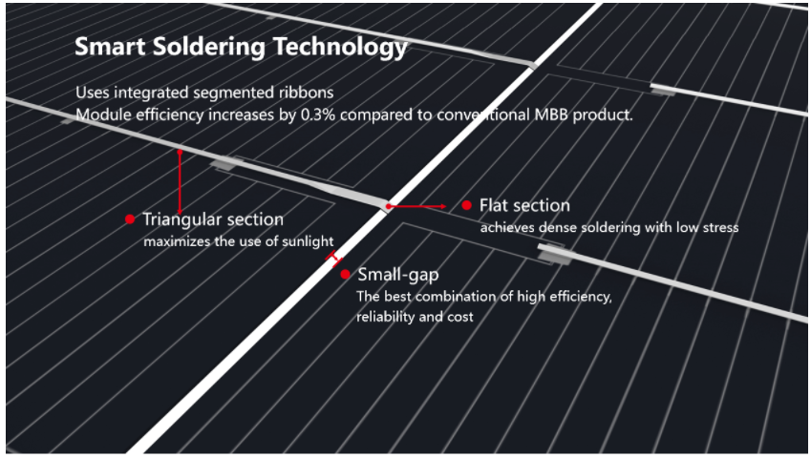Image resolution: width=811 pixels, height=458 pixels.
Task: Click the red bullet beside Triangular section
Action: coord(130,219)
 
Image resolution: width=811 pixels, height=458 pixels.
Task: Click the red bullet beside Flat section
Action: coord(466,205)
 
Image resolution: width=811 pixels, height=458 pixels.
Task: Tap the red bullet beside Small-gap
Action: coord(345,275)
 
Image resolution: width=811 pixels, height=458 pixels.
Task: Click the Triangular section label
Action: coord(213,220)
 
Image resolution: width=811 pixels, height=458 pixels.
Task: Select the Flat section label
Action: coord(524,205)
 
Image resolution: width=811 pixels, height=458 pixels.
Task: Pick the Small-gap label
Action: coord(397,275)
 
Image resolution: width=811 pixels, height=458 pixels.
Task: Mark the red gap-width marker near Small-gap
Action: coord(332,258)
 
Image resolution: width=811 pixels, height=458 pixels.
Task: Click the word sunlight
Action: coord(306,241)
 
